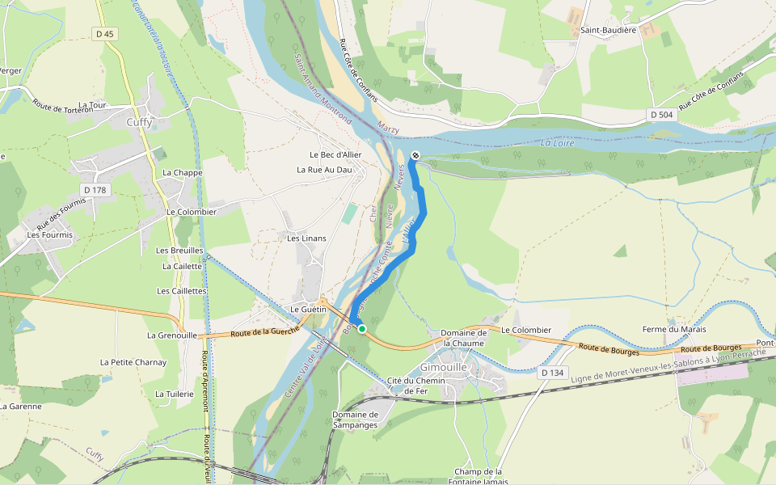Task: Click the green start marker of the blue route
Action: click(x=362, y=328)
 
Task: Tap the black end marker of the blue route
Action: click(x=415, y=155)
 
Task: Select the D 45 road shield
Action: click(x=105, y=34)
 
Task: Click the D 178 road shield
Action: click(x=95, y=190)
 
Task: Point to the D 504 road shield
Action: click(x=660, y=116)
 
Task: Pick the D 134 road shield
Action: click(x=551, y=372)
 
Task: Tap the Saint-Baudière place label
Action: click(x=609, y=30)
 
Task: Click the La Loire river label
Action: click(x=558, y=143)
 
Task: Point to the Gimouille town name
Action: click(x=467, y=366)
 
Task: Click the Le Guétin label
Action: click(x=308, y=310)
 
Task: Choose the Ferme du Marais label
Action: click(x=674, y=329)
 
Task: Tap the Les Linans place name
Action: click(x=305, y=238)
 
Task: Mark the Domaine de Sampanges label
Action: click(x=356, y=420)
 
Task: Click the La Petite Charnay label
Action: click(x=133, y=362)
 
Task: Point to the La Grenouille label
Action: click(x=172, y=335)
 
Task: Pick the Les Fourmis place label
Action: click(x=49, y=234)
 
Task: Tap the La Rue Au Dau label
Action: click(x=325, y=170)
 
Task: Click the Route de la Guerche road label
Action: click(x=265, y=331)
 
